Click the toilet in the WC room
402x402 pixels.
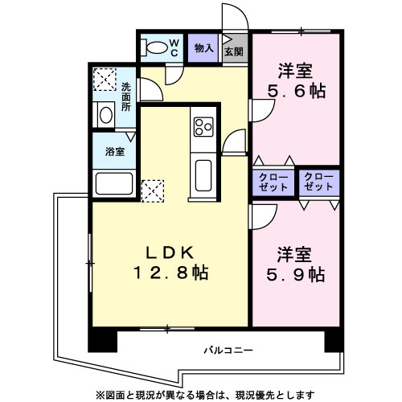click(x=154, y=47)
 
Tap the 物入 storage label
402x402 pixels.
click(x=204, y=48)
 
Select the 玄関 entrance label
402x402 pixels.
click(x=234, y=51)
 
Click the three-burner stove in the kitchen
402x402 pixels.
click(x=203, y=126)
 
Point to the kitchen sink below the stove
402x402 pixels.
click(x=203, y=175)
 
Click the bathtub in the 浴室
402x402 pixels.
click(x=114, y=183)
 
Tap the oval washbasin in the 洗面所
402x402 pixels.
click(x=106, y=115)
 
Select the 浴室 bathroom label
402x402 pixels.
click(x=115, y=152)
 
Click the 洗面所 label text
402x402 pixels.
click(x=126, y=96)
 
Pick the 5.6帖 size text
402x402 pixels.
click(x=297, y=91)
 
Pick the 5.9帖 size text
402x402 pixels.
click(x=296, y=274)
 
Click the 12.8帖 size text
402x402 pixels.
click(x=171, y=273)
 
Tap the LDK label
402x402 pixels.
click(x=170, y=252)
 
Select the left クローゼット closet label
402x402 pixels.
click(x=273, y=182)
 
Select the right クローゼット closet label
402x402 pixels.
click(x=318, y=182)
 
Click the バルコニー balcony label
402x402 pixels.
click(x=228, y=351)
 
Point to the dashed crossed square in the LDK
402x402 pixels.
click(x=153, y=191)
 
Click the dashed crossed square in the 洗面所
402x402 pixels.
click(x=105, y=80)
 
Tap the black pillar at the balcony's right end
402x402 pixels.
click(x=334, y=342)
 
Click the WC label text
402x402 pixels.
click(x=174, y=47)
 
